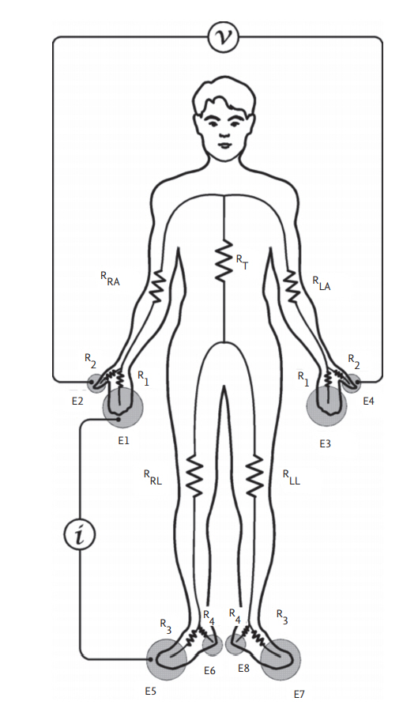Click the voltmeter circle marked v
224,36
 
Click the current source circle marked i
80,534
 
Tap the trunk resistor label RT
242,262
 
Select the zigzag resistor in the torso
224,261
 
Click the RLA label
322,283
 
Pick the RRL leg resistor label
153,477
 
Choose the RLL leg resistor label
292,477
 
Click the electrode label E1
123,441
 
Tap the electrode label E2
77,401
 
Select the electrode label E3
325,443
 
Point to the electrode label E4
368,401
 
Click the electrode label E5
150,691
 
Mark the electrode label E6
209,671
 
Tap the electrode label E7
299,694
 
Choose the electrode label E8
243,668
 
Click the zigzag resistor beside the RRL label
194,476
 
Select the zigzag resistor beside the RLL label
254,476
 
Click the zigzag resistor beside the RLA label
292,286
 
